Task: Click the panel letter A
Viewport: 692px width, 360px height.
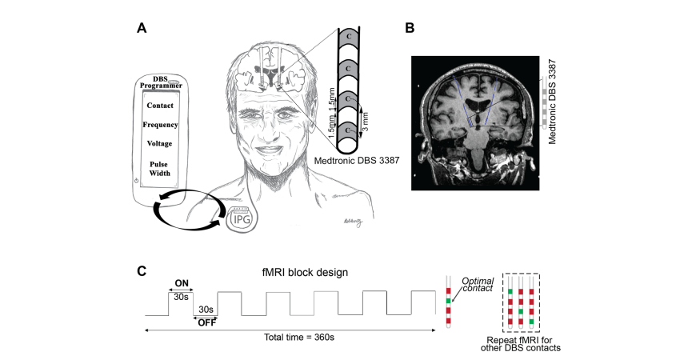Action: pyautogui.click(x=142, y=28)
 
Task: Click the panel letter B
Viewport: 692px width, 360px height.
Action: pyautogui.click(x=410, y=28)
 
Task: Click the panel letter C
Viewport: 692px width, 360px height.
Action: pyautogui.click(x=142, y=270)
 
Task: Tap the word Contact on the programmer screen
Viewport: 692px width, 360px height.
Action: pyautogui.click(x=160, y=105)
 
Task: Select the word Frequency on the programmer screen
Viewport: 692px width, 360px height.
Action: pyautogui.click(x=160, y=125)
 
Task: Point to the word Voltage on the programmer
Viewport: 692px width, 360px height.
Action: pyautogui.click(x=160, y=144)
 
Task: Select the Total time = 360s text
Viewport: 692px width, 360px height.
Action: pyautogui.click(x=298, y=337)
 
